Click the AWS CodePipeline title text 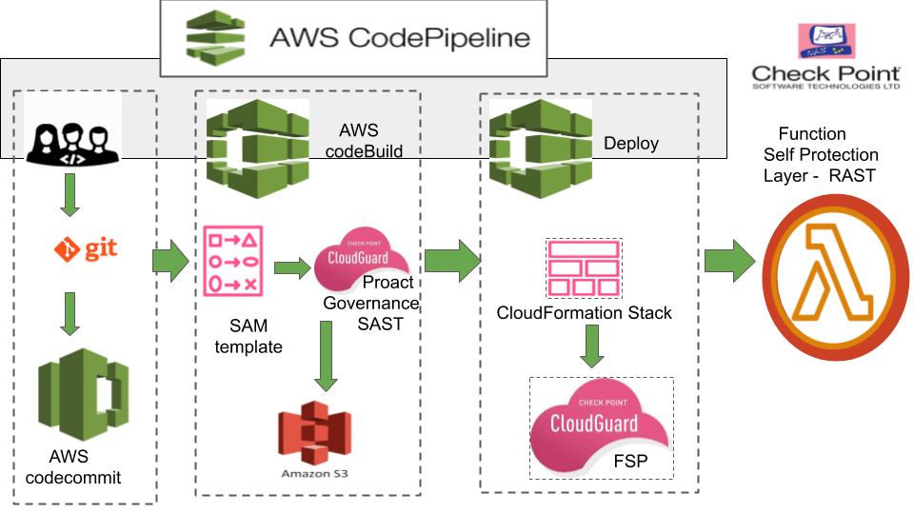point(400,38)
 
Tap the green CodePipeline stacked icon point(216,37)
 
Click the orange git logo point(86,249)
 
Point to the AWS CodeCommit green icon point(84,394)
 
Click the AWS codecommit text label point(73,466)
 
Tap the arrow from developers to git point(70,195)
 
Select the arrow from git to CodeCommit point(70,314)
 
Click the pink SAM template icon point(233,261)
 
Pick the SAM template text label point(248,336)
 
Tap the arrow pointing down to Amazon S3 point(326,356)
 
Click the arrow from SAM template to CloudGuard point(292,268)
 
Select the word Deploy point(631,144)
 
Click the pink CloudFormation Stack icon point(584,268)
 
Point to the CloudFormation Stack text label point(584,313)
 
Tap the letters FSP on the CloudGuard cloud point(630,462)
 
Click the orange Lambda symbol point(835,277)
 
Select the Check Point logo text point(826,77)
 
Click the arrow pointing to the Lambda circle point(730,261)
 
